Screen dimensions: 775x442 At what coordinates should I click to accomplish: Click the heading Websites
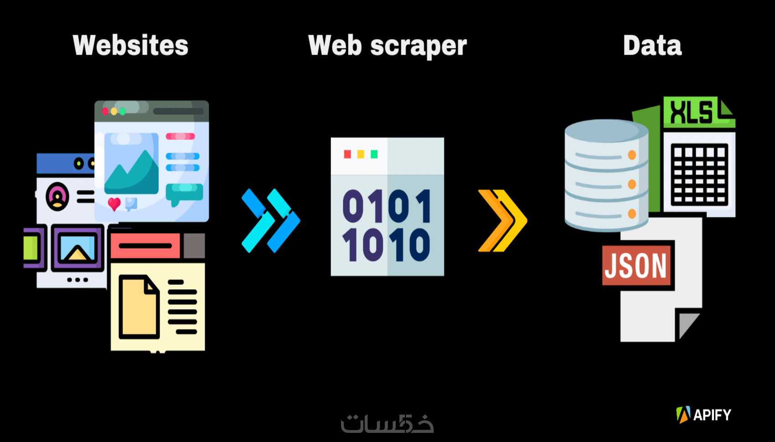tap(130, 45)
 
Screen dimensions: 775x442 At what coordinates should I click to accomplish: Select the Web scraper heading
tap(387, 46)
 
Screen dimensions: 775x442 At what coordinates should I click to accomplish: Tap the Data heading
tap(652, 45)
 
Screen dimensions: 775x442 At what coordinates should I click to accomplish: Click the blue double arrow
tap(271, 221)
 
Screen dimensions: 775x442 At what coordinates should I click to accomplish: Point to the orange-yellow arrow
tap(503, 221)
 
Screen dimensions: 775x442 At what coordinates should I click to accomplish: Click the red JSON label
tap(636, 265)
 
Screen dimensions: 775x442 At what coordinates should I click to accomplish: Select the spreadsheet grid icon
tap(699, 175)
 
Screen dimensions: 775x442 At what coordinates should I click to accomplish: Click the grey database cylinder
tap(606, 175)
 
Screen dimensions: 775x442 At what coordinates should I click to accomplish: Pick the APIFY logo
tap(704, 414)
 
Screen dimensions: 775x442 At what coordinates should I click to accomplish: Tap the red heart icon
tap(114, 204)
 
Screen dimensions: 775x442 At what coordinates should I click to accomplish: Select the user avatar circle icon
tap(57, 196)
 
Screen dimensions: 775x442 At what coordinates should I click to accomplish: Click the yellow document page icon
tap(139, 307)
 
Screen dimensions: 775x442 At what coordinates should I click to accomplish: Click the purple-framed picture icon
tap(77, 247)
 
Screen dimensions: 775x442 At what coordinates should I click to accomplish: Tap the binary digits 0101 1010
tap(387, 225)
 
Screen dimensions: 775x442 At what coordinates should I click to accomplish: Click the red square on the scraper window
tap(347, 154)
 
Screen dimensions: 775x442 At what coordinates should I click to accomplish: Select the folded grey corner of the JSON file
tap(688, 325)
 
